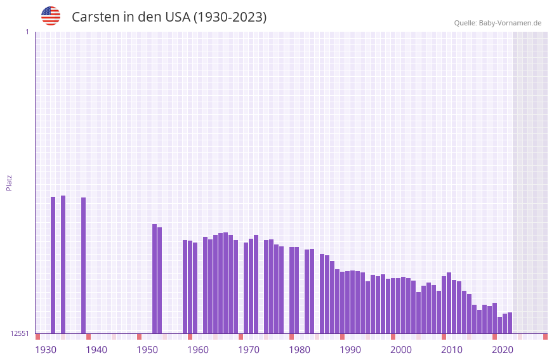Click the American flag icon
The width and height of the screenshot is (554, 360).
51,16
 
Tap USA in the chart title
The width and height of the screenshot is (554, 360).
177,17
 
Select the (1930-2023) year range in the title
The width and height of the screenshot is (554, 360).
230,17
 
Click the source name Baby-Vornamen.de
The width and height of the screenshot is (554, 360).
510,23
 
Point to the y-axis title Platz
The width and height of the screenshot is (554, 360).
9,182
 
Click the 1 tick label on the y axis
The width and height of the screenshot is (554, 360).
27,32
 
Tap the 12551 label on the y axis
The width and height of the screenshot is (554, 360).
20,333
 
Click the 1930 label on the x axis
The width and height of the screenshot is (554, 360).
46,350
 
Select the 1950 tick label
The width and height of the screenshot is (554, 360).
147,350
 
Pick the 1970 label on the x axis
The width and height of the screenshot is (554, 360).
249,350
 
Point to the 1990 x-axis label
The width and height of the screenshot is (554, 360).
350,350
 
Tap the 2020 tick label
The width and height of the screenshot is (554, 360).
503,350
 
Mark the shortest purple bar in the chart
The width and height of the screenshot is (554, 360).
499,324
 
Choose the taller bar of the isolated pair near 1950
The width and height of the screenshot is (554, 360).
154,279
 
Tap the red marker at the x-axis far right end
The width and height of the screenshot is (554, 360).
545,337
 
